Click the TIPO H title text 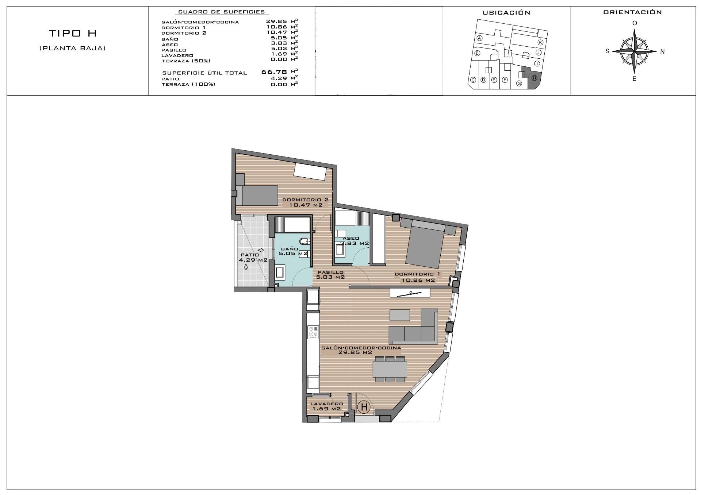coord(73,33)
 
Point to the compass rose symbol coord(635,51)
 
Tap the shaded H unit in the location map coord(534,78)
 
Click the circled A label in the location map coord(480,38)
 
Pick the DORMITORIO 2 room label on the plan coord(306,202)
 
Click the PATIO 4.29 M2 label coord(253,258)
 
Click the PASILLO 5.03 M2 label coord(331,275)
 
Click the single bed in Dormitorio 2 coord(257,196)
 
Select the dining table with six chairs coord(390,369)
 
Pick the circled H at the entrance coord(364,407)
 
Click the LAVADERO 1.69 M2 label coord(326,406)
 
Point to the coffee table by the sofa coord(399,314)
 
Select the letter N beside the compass coord(662,52)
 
